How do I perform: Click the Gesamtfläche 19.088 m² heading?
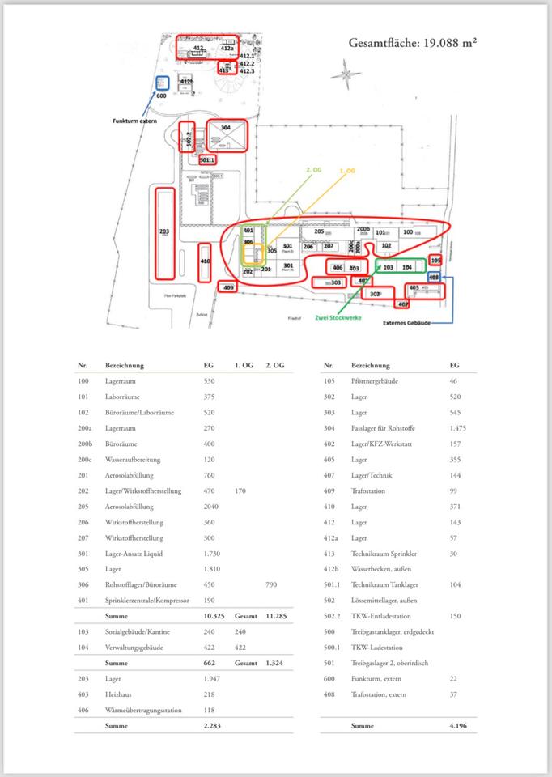tap(412, 43)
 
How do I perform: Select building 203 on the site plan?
tap(164, 231)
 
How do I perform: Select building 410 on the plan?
tap(205, 261)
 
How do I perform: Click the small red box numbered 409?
tap(228, 287)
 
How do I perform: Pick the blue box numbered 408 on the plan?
tap(433, 277)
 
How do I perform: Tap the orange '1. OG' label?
tap(347, 171)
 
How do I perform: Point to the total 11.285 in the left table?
tap(276, 616)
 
